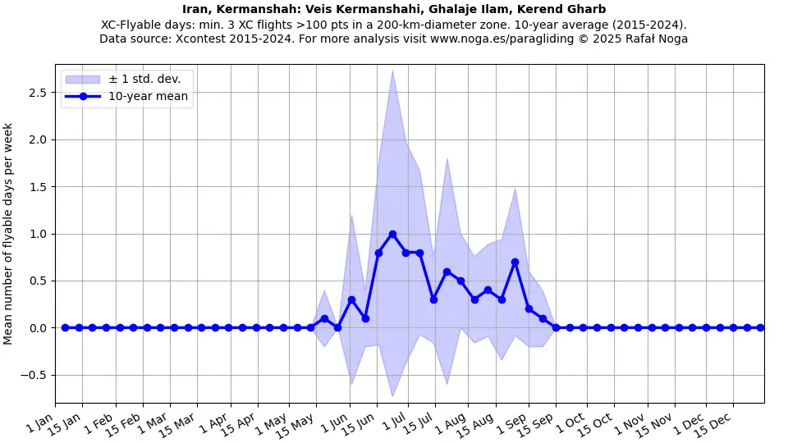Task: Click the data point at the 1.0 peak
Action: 392,234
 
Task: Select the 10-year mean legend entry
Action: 148,97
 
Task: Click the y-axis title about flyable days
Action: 9,234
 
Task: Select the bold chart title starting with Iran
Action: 394,9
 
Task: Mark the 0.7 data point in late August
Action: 515,263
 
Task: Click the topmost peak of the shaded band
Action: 392,71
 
